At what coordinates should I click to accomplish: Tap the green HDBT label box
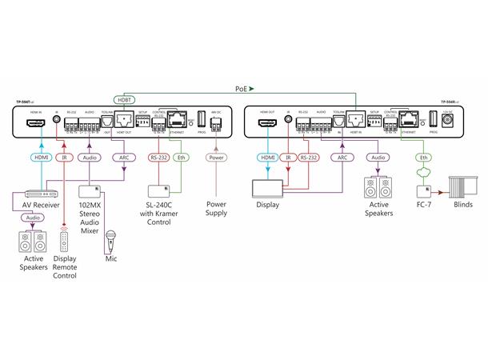click(x=125, y=99)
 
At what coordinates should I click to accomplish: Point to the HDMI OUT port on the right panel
click(x=268, y=123)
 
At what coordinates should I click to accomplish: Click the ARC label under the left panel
click(x=125, y=158)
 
